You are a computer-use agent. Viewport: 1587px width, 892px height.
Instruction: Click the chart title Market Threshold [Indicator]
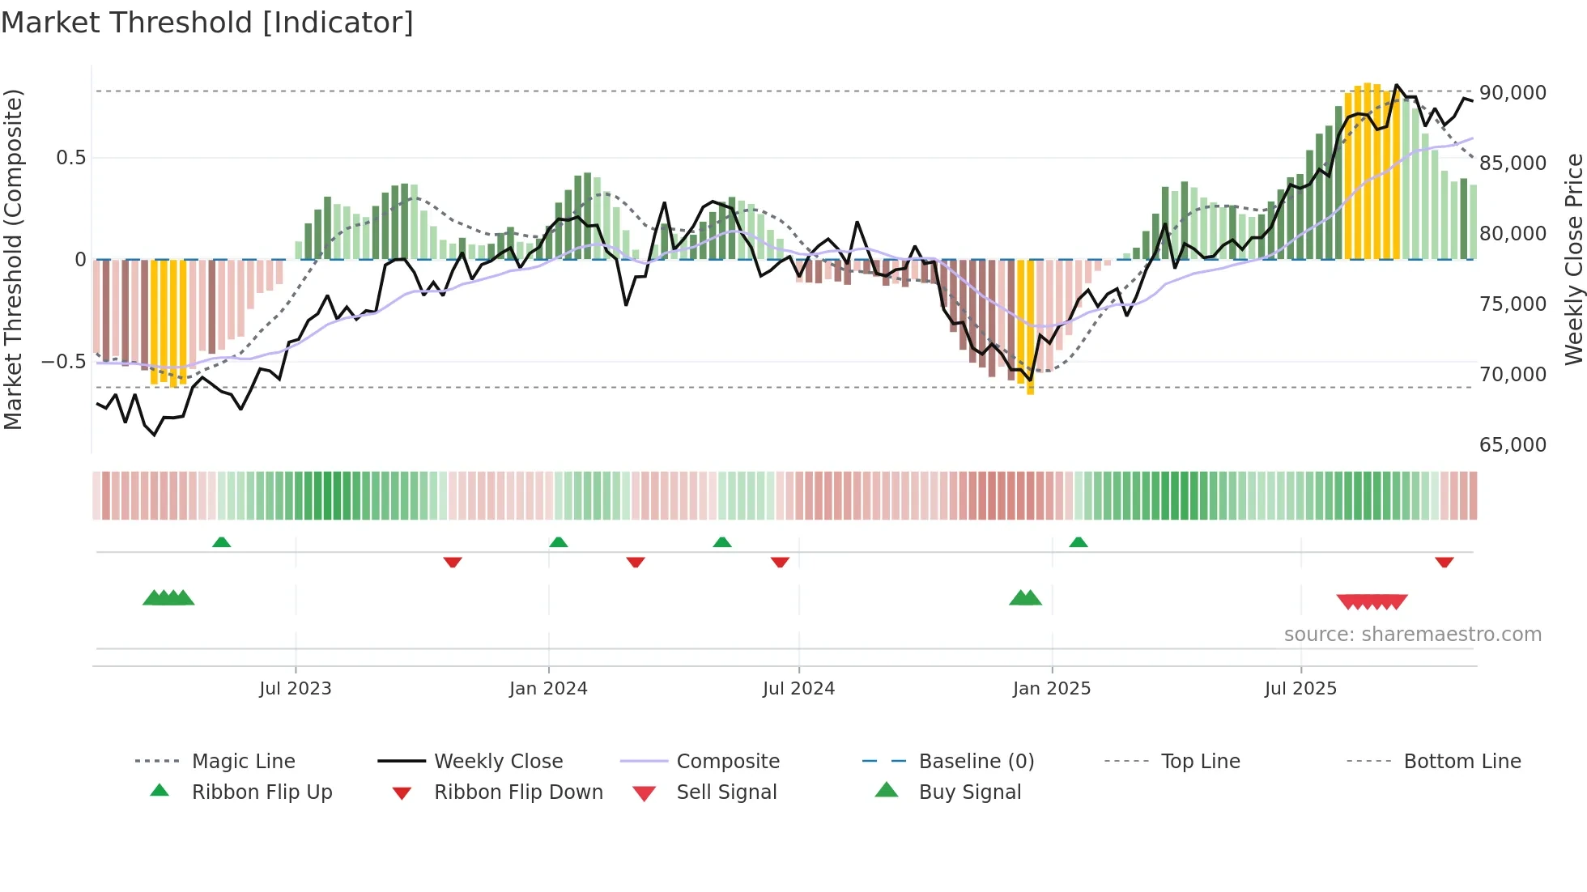(207, 23)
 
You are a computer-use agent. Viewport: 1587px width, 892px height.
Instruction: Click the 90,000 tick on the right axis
(1513, 93)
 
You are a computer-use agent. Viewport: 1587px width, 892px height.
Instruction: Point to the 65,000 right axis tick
(1513, 444)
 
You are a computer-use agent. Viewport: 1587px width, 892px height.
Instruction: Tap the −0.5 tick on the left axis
(63, 361)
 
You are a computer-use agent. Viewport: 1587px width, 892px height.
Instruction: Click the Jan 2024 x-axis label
(548, 689)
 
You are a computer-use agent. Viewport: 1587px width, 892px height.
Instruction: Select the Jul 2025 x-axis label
(1300, 689)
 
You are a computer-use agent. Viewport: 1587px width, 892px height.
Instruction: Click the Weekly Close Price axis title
(1573, 259)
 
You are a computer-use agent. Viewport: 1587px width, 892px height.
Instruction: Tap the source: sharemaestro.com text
(1412, 635)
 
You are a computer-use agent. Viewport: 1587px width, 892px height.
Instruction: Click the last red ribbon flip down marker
(1444, 562)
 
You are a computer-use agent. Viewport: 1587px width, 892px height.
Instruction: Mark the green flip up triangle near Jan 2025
(1078, 542)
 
